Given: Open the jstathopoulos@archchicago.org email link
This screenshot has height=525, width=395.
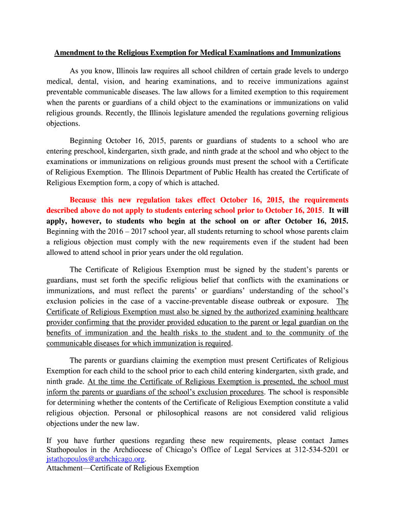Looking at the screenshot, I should (95, 459).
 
